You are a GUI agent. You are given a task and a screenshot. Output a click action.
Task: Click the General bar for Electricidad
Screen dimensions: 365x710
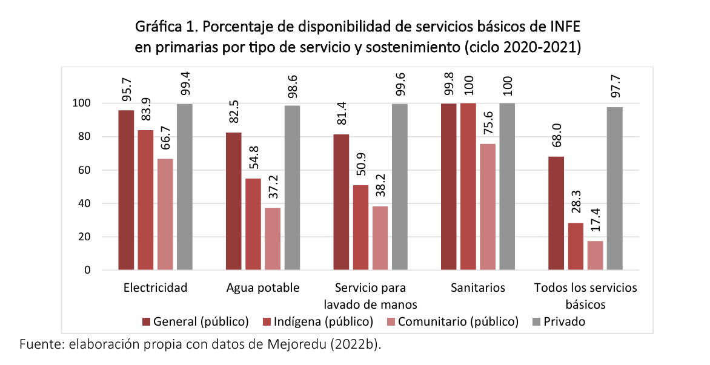(126, 190)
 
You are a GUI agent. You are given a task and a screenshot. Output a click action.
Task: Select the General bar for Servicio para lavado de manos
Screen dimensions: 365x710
(341, 202)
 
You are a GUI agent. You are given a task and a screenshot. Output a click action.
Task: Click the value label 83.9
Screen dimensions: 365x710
(146, 111)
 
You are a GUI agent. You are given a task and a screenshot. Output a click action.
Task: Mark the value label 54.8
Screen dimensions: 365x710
(253, 159)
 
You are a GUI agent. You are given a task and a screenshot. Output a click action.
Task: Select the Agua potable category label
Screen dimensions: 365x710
(262, 288)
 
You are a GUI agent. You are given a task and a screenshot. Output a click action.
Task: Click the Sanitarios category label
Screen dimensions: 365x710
(477, 288)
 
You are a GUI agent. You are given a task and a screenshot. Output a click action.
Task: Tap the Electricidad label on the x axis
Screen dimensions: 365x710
(155, 288)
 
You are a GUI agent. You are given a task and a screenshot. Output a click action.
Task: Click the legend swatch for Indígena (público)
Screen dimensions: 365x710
(268, 321)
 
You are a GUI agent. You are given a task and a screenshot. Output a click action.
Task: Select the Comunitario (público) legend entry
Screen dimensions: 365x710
(459, 321)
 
